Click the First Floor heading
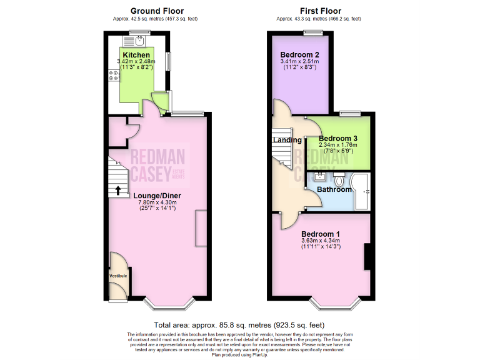pos(319,11)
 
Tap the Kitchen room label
pos(136,55)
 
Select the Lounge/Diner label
pos(157,195)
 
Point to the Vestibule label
pos(118,276)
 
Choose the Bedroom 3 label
pos(338,138)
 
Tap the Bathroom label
pos(334,189)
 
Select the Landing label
pos(287,140)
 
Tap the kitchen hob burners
pos(114,76)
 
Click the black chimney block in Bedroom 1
pos(367,256)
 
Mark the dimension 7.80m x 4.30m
pos(157,202)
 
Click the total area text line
pos(239,325)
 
